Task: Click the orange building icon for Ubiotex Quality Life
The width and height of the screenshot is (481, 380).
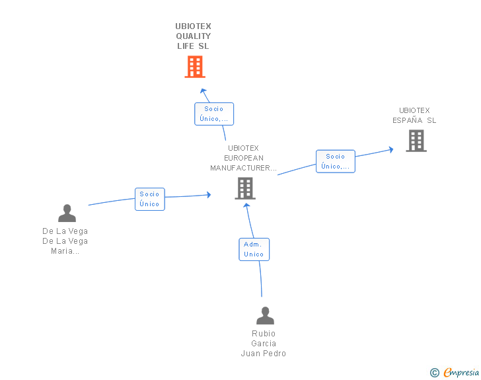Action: point(195,67)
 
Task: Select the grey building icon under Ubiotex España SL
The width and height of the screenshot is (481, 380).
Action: point(416,141)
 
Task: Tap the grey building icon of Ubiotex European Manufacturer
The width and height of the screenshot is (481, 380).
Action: point(245,188)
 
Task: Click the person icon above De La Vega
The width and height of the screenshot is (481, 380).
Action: point(67,213)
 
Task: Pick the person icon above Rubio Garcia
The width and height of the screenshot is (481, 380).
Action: point(265,315)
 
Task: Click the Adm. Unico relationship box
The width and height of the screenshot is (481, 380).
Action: point(254,249)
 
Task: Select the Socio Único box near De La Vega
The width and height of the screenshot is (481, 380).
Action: point(150,199)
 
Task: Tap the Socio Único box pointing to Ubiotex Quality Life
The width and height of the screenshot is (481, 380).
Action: point(214,114)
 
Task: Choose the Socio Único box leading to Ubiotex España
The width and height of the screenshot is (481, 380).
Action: point(335,161)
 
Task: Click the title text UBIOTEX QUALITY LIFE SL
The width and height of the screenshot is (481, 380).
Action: point(193,36)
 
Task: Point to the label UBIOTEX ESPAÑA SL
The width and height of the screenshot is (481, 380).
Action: point(414,115)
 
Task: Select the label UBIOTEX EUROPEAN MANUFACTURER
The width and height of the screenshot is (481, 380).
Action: point(243,158)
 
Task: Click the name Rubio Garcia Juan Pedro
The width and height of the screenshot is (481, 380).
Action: point(264,343)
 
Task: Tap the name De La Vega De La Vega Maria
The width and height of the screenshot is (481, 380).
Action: point(65,241)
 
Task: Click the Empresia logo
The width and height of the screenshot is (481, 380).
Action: point(461,372)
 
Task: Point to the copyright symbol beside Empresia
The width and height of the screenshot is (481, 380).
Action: point(434,373)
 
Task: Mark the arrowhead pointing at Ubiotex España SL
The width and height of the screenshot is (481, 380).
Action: point(391,150)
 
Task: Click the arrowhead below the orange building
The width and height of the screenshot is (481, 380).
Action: point(203,91)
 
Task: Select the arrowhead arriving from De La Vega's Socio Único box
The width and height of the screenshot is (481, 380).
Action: point(209,194)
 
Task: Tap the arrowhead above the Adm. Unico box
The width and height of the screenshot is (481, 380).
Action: point(246,206)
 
